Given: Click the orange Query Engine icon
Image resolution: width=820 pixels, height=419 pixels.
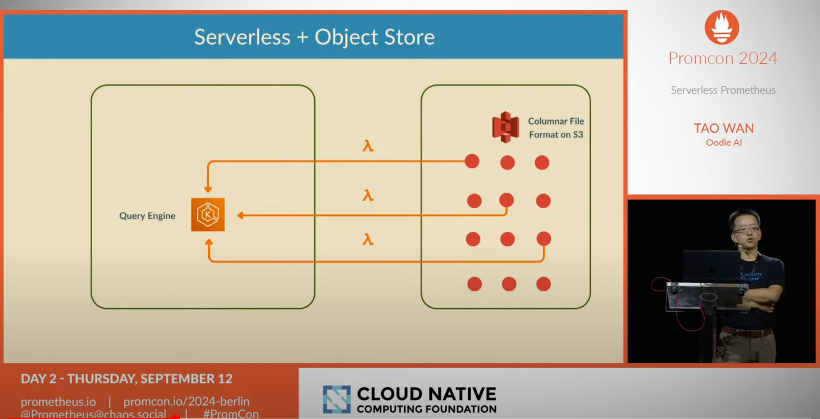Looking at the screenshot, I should [208, 215].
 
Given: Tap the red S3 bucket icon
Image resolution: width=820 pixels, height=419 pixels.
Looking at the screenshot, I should [505, 127].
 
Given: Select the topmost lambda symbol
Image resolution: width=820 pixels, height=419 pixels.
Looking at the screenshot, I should [368, 146].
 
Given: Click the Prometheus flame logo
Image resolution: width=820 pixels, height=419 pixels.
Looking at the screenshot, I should [722, 27].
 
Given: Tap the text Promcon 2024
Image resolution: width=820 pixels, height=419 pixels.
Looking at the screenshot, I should [723, 58].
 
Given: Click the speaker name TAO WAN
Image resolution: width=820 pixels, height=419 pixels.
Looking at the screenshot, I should [724, 128].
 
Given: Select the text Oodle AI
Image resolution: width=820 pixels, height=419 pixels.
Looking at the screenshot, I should [724, 143].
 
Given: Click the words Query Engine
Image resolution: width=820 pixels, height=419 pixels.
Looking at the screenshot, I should [147, 216].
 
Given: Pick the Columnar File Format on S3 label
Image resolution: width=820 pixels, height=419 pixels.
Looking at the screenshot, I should [556, 128].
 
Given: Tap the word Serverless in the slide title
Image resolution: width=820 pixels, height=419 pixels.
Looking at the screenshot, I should [242, 37].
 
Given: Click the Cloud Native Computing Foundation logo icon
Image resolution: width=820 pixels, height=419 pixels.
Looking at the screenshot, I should [337, 399].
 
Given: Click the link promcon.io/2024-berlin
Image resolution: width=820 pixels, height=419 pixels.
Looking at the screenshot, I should [187, 401].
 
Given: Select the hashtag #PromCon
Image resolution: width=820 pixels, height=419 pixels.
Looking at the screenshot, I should [231, 414].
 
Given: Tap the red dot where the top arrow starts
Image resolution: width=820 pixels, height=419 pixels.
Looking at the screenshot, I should [472, 161].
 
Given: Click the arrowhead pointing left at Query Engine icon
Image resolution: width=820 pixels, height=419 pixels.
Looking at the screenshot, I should [241, 215].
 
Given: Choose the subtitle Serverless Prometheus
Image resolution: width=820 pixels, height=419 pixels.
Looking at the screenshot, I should [723, 90].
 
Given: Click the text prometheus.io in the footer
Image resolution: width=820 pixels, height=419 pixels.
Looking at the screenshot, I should [58, 401].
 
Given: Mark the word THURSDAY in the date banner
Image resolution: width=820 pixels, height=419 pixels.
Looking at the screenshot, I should [102, 378].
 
